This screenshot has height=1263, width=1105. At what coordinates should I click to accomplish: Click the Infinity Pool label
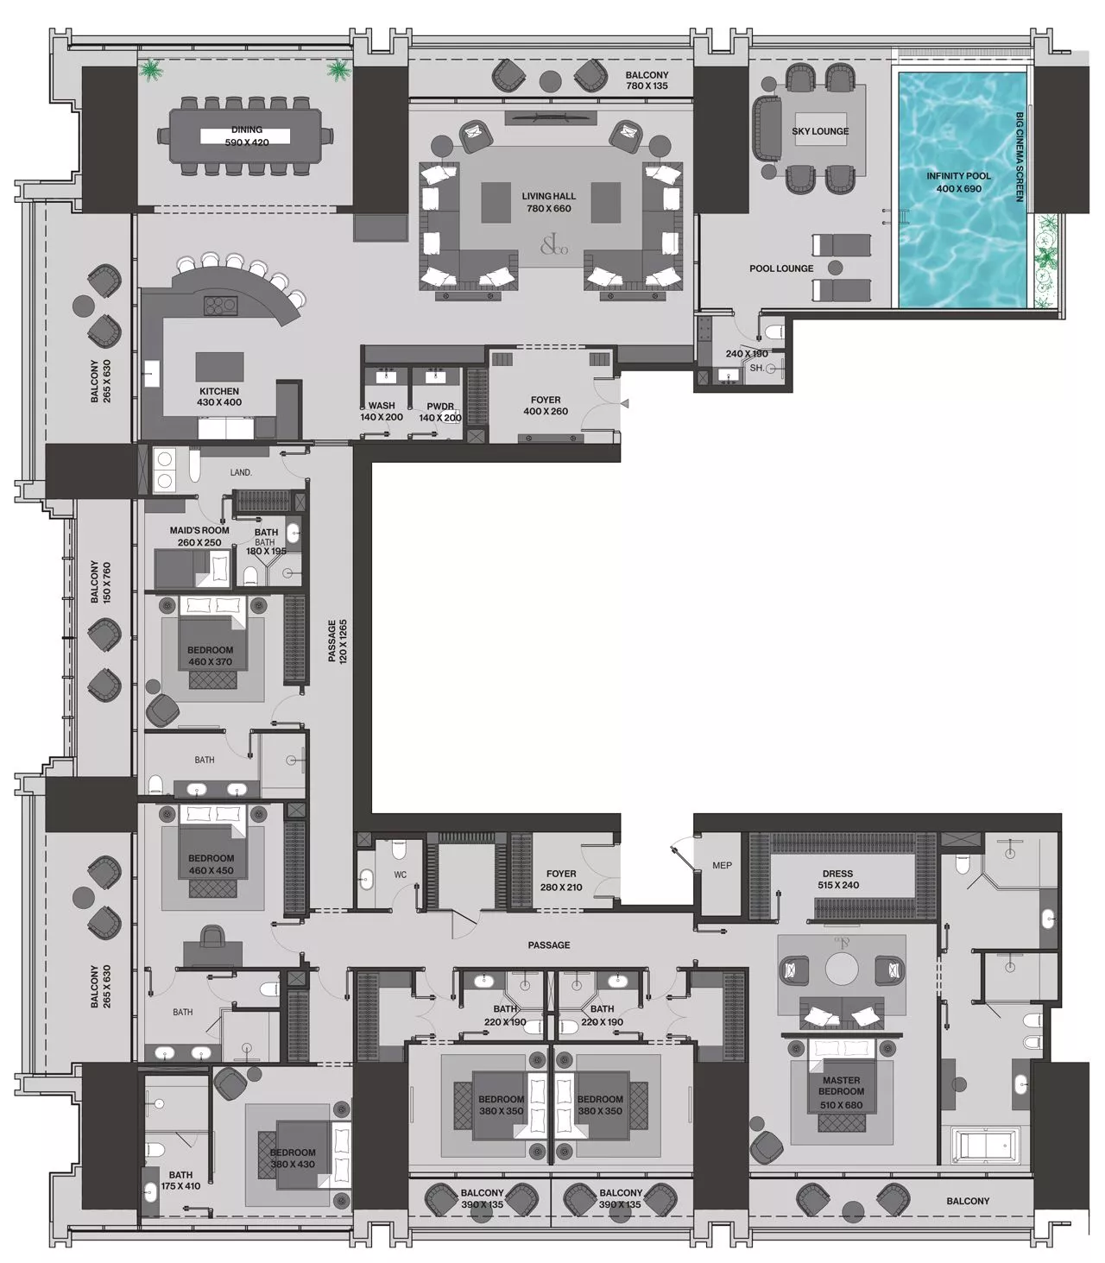[x=958, y=182]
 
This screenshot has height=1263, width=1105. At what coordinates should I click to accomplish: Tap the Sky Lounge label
[x=820, y=131]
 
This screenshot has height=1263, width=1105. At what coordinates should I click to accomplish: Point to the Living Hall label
[x=548, y=202]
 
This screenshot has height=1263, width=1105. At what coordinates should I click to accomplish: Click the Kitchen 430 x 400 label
[x=219, y=397]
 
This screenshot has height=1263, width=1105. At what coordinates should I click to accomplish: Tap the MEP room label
[x=722, y=865]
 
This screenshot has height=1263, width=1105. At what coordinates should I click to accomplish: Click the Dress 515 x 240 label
[x=837, y=879]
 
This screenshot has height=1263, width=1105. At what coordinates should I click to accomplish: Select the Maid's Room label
[x=199, y=536]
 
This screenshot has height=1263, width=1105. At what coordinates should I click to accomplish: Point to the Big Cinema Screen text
[x=1020, y=156]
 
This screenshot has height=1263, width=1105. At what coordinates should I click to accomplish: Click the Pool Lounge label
[x=781, y=268]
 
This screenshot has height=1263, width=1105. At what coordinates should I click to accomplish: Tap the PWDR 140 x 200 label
[x=439, y=412]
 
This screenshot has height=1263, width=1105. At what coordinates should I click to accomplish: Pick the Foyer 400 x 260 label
[x=545, y=406]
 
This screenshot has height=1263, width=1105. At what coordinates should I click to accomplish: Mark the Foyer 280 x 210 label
[x=561, y=881]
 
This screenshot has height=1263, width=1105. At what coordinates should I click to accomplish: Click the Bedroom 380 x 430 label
[x=293, y=1159]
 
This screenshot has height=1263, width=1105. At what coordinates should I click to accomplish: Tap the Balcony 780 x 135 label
[x=647, y=81]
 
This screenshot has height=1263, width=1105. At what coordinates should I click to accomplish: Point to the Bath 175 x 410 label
[x=180, y=1180]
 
